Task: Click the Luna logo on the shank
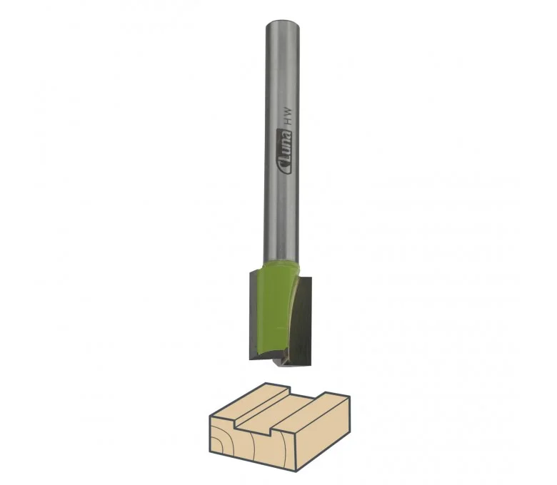point(283,153)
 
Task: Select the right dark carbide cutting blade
point(302,321)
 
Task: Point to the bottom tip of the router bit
point(278,365)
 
